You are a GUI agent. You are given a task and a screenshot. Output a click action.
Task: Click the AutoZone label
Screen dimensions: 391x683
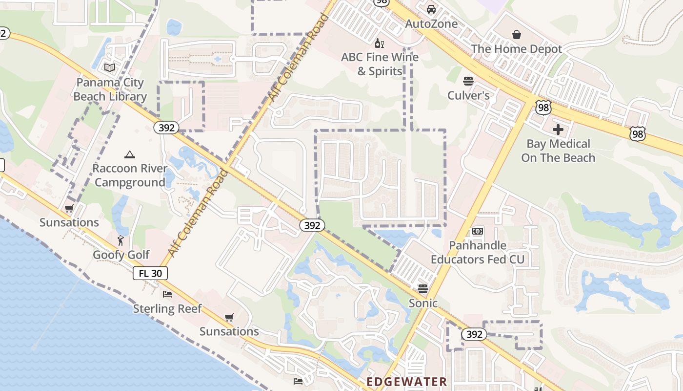pos(431,24)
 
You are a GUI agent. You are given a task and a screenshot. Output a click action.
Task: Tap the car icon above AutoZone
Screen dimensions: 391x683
pos(431,9)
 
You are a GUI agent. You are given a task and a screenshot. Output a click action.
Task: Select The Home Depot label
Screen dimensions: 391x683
pos(516,49)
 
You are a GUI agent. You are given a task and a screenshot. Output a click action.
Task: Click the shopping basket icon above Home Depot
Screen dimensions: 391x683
pos(517,35)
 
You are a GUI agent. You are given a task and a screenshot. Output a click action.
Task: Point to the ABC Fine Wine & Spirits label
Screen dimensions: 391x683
pos(380,64)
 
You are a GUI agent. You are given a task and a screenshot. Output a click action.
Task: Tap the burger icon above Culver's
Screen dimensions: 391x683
pos(468,81)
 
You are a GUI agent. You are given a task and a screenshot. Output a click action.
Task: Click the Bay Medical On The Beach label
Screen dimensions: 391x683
pos(558,151)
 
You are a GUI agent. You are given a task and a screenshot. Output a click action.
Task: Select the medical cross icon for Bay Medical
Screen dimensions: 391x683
pos(558,130)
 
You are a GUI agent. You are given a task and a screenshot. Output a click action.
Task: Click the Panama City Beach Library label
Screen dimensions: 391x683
pos(110,89)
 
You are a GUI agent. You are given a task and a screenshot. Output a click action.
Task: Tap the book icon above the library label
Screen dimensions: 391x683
pos(110,67)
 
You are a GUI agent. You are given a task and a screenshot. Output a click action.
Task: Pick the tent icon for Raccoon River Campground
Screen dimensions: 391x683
pos(129,155)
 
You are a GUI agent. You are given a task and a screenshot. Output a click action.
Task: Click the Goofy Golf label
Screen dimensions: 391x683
pos(121,255)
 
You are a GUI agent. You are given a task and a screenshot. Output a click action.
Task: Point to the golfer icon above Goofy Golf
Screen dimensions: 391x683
pos(121,240)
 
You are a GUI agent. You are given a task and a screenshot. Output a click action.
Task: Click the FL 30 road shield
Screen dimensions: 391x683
pos(150,273)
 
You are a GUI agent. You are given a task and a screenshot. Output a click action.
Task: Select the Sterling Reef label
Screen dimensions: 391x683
pos(167,309)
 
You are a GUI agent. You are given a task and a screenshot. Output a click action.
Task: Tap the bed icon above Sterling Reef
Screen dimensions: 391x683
pos(167,294)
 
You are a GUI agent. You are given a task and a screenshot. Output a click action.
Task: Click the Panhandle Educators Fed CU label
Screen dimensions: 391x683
pos(477,252)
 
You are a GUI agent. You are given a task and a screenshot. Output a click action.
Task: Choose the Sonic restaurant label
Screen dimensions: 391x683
pos(422,303)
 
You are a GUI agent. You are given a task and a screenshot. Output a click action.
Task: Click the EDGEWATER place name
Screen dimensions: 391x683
pos(406,382)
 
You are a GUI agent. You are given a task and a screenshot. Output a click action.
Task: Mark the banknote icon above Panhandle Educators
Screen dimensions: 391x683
pos(478,231)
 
